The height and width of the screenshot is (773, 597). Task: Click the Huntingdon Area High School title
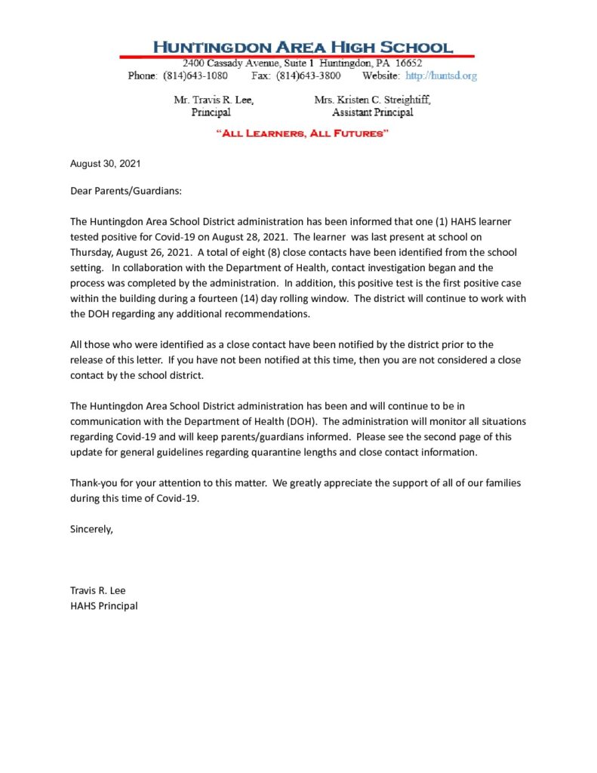pyautogui.click(x=303, y=47)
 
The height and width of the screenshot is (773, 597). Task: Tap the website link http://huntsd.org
pyautogui.click(x=441, y=75)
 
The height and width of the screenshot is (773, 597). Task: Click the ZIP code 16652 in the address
pyautogui.click(x=408, y=63)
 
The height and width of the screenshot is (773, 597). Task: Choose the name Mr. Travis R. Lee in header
pyautogui.click(x=214, y=100)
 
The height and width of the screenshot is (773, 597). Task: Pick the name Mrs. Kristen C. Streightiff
pyautogui.click(x=372, y=100)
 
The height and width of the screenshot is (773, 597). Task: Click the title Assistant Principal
pyautogui.click(x=372, y=112)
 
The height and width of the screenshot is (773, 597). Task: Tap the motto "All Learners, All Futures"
pyautogui.click(x=302, y=134)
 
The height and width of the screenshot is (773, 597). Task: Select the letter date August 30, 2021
pyautogui.click(x=106, y=163)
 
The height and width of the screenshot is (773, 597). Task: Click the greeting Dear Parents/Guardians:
pyautogui.click(x=126, y=191)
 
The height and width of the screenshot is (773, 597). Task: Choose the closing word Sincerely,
pyautogui.click(x=91, y=528)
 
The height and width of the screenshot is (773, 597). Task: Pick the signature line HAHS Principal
pyautogui.click(x=104, y=605)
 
